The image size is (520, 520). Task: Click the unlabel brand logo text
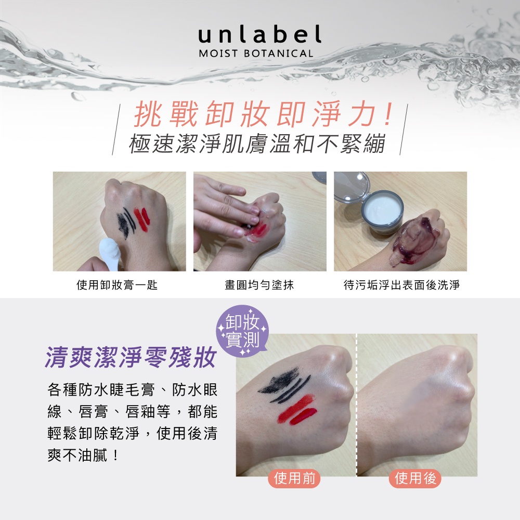click(x=259, y=34)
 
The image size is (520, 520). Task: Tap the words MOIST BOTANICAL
click(x=256, y=54)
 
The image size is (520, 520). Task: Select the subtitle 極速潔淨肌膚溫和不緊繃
click(x=257, y=144)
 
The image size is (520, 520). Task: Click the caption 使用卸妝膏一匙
click(x=117, y=284)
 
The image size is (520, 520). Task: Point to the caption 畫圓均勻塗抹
click(x=259, y=284)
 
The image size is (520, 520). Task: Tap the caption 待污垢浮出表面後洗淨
click(x=401, y=284)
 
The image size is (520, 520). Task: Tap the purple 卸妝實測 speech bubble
click(x=242, y=331)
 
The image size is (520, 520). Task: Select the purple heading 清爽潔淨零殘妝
click(x=131, y=357)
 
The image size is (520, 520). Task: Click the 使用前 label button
click(x=294, y=478)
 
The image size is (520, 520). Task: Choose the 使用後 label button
click(x=415, y=478)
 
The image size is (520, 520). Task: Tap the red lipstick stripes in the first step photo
click(x=142, y=219)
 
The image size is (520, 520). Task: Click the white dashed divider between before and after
click(x=357, y=405)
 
